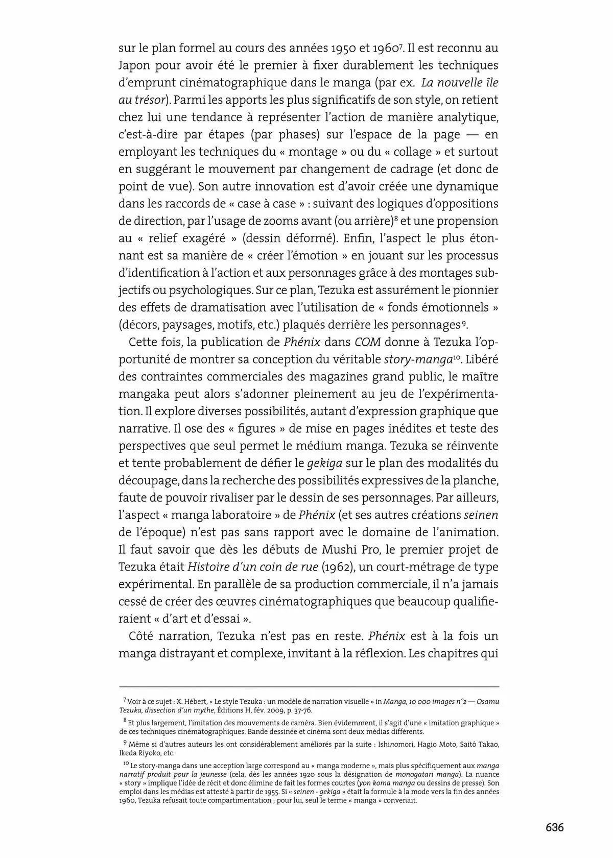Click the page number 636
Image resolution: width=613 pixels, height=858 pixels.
tap(554, 827)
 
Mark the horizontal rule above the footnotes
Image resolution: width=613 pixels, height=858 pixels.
tap(309, 687)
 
